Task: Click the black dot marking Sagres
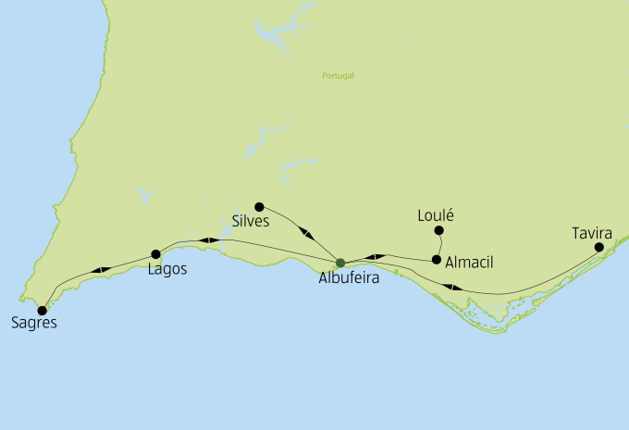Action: click(42, 311)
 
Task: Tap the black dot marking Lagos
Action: click(155, 254)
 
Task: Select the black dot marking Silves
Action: click(260, 206)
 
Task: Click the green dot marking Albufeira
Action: click(340, 263)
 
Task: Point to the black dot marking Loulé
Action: click(439, 230)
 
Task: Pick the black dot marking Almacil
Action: click(437, 260)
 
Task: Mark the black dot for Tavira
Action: click(599, 247)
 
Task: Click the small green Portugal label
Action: click(338, 76)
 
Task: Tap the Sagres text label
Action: click(34, 324)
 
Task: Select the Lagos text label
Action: click(167, 270)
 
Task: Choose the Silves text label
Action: click(252, 222)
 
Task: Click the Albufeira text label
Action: click(349, 277)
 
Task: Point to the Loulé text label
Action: click(437, 215)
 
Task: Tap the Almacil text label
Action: click(469, 263)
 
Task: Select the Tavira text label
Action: click(592, 232)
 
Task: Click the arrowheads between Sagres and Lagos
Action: click(101, 270)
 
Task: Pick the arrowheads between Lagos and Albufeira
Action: click(211, 240)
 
